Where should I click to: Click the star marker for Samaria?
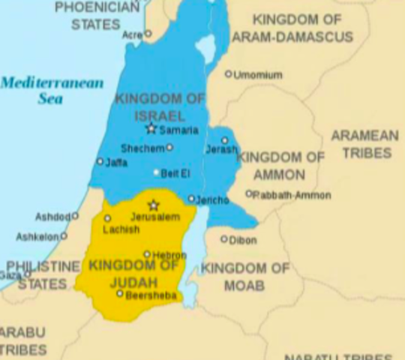[x=151, y=129]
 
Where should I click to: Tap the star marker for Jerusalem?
[x=154, y=205]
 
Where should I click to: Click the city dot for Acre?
[x=148, y=34]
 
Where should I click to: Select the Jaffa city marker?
[x=100, y=161]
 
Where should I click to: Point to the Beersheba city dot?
[x=119, y=293]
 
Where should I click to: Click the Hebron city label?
[x=169, y=256]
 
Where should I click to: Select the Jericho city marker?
[x=191, y=199]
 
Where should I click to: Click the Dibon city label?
[x=243, y=241]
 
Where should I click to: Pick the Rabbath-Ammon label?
[x=286, y=195]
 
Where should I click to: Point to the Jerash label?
[x=221, y=150]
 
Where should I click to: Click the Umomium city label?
[x=257, y=75]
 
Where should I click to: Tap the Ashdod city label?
[x=52, y=217]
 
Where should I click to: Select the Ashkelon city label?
[x=37, y=237]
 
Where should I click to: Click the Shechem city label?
[x=142, y=148]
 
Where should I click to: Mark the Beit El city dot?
[x=157, y=172]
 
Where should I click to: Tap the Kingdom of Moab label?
[x=244, y=277]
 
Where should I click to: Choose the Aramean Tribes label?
[x=365, y=144]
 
